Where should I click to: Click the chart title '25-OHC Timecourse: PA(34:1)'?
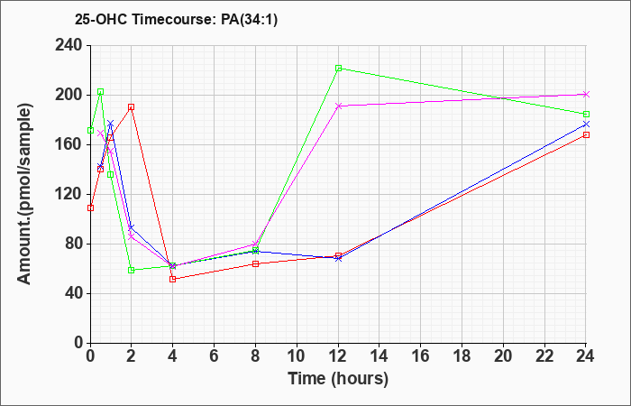pyautogui.click(x=177, y=20)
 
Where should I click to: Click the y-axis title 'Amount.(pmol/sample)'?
pyautogui.click(x=25, y=194)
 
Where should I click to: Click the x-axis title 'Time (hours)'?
pyautogui.click(x=338, y=379)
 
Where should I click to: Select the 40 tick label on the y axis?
pyautogui.click(x=73, y=293)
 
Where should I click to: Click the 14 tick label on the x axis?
pyautogui.click(x=380, y=356)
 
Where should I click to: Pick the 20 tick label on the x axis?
pyautogui.click(x=503, y=356)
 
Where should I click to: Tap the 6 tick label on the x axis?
pyautogui.click(x=215, y=356)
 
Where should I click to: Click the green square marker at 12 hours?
pyautogui.click(x=338, y=68)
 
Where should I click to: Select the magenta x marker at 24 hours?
pyautogui.click(x=586, y=94)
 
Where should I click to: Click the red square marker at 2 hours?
pyautogui.click(x=132, y=107)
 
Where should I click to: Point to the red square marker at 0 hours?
pyautogui.click(x=90, y=208)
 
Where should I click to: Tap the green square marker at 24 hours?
pyautogui.click(x=586, y=115)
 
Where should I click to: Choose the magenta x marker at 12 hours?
pyautogui.click(x=338, y=106)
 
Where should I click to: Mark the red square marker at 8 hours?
pyautogui.click(x=255, y=263)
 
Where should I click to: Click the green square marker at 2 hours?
pyautogui.click(x=132, y=270)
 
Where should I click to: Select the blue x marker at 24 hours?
pyautogui.click(x=586, y=125)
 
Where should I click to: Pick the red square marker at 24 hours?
pyautogui.click(x=586, y=135)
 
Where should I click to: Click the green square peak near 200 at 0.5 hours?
pyautogui.click(x=101, y=92)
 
